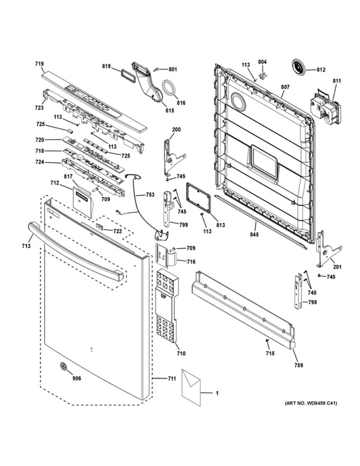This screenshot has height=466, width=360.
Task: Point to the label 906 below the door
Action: pyautogui.click(x=76, y=378)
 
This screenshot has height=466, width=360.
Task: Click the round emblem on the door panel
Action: pyautogui.click(x=62, y=367)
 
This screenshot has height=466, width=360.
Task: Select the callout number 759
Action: pyautogui.click(x=299, y=365)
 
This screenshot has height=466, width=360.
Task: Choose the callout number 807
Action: pyautogui.click(x=285, y=87)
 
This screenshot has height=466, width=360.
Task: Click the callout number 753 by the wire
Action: pyautogui.click(x=150, y=195)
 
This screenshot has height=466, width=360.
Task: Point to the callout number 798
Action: pyautogui.click(x=312, y=302)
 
